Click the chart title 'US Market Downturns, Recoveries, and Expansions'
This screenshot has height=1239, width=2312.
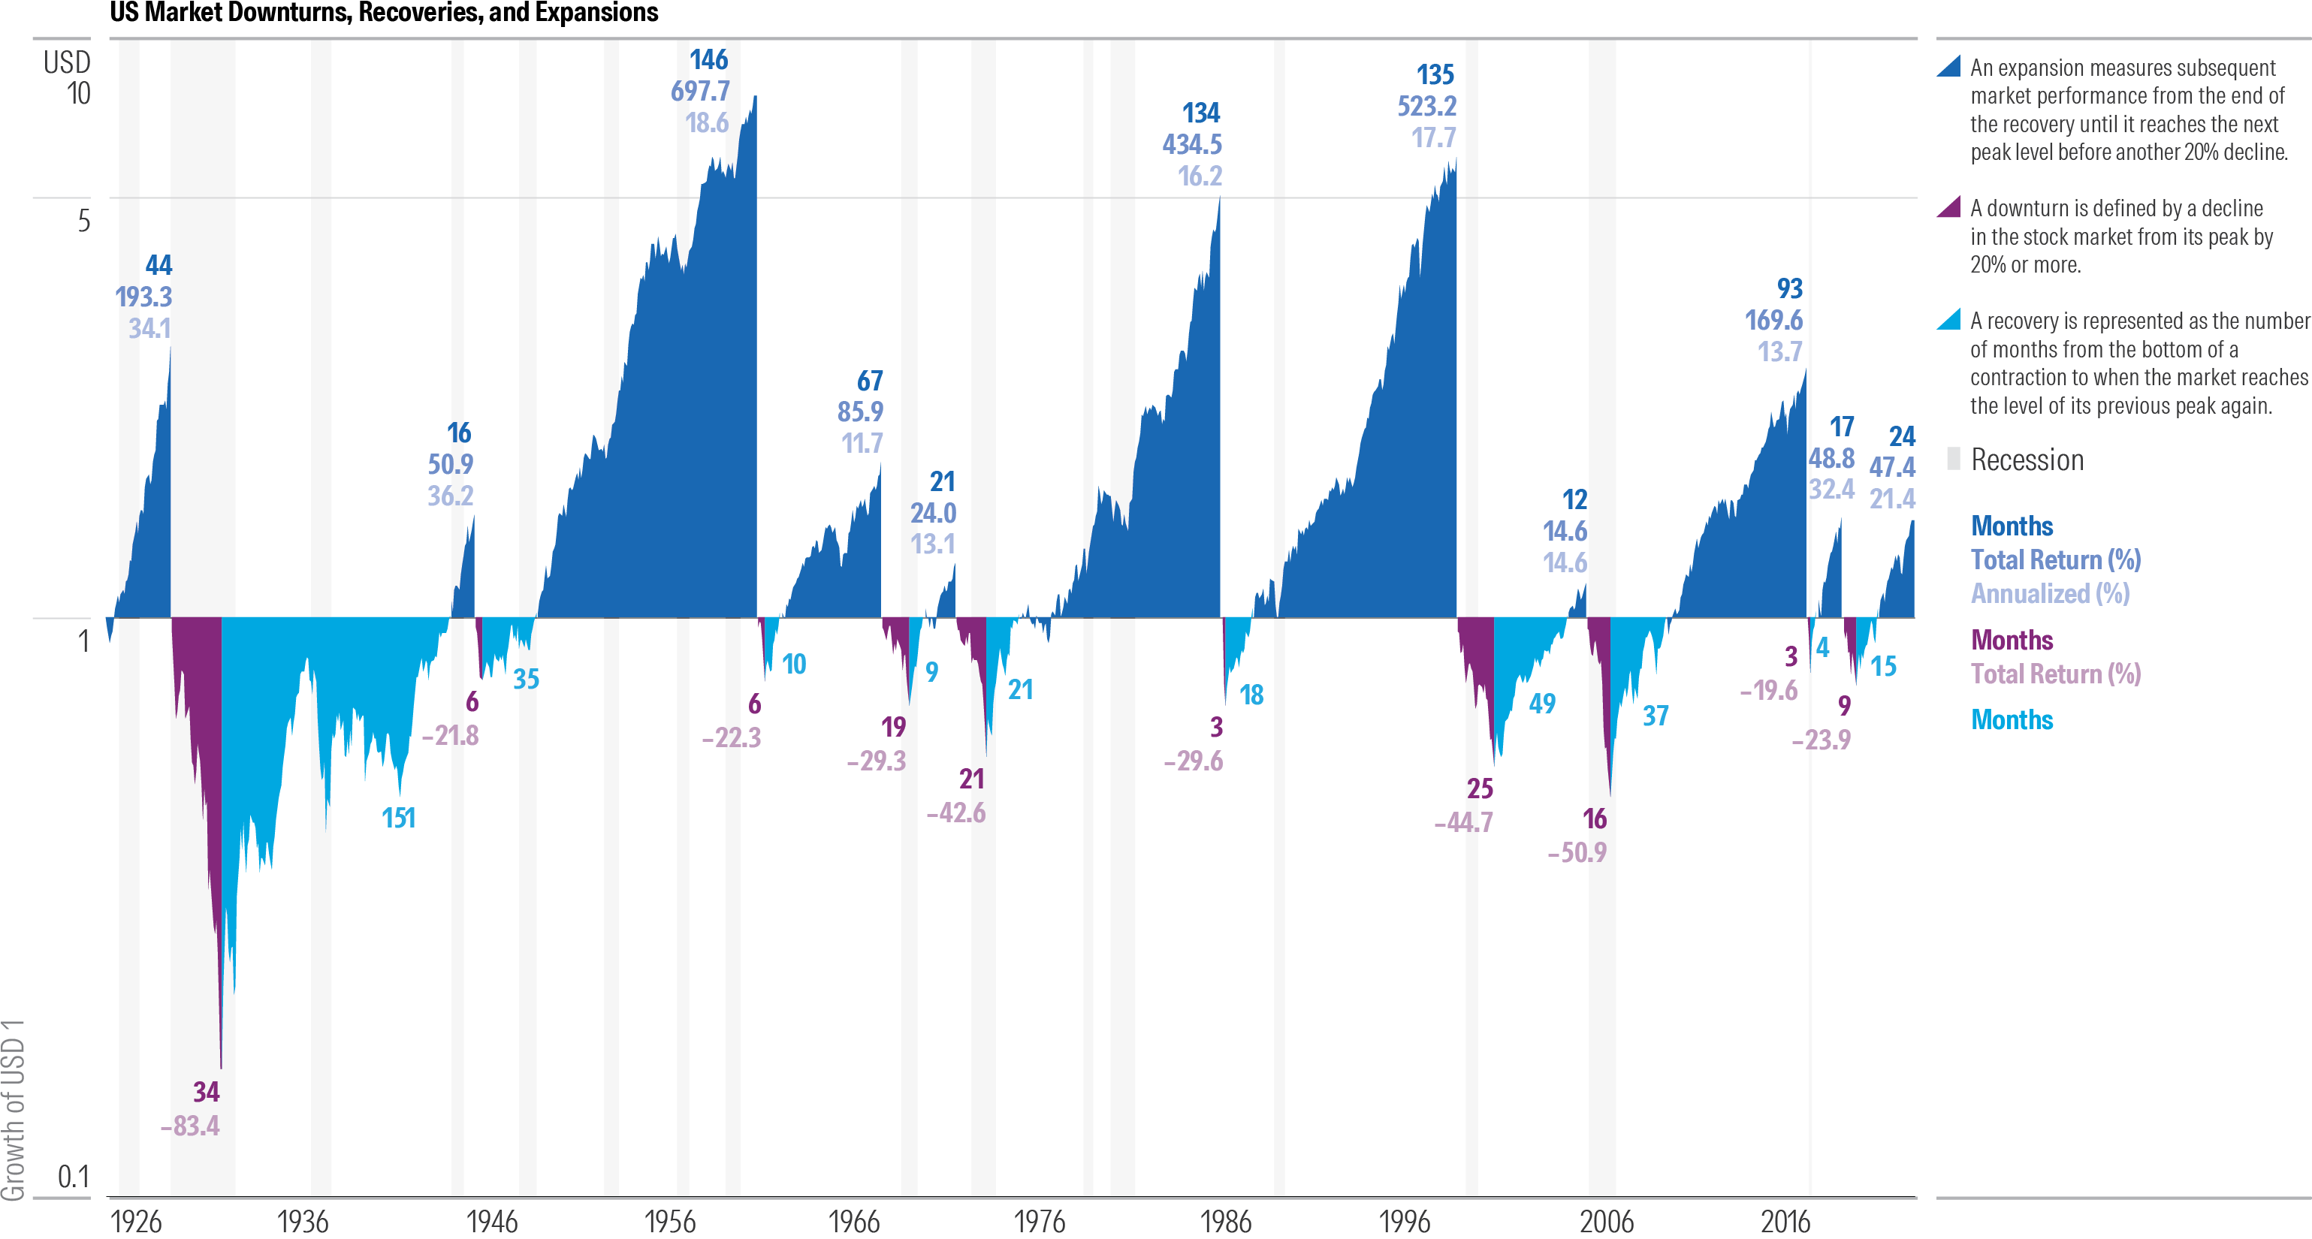(x=384, y=13)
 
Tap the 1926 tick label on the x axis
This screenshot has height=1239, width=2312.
(x=135, y=1221)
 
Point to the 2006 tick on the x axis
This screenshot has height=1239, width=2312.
(x=1607, y=1221)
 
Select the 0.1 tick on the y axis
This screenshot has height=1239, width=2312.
(x=74, y=1176)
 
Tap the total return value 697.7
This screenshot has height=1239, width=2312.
(x=700, y=92)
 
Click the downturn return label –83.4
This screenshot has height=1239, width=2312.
(x=189, y=1125)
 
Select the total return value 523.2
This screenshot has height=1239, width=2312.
(x=1426, y=107)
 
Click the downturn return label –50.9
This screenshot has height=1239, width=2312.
(x=1577, y=852)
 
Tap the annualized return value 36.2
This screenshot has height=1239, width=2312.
(x=450, y=496)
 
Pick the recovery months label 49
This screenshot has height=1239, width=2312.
(x=1542, y=704)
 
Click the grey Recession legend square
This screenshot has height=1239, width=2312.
(x=1953, y=459)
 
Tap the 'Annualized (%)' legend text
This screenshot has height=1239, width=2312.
(x=2049, y=594)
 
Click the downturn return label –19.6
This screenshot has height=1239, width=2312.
(x=1768, y=690)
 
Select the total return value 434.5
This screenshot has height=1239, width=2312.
(x=1191, y=144)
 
